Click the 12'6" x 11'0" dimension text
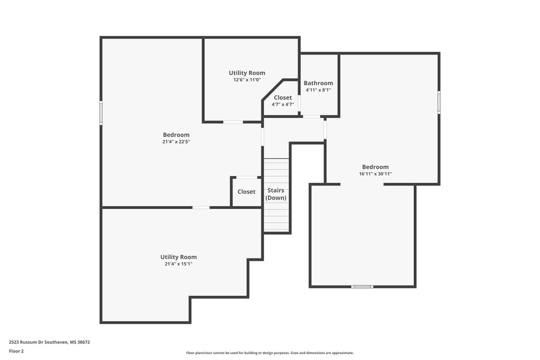[x=247, y=80]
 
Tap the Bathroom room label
[x=318, y=83]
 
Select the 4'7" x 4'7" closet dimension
[x=282, y=105]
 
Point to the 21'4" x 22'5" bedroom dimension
[x=176, y=142]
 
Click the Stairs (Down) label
[x=276, y=194]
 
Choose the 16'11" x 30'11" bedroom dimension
[x=375, y=174]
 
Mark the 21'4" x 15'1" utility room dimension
[x=178, y=264]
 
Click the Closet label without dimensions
[x=246, y=192]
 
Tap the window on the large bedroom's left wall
[x=101, y=114]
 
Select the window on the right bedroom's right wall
[x=439, y=102]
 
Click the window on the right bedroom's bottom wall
[x=362, y=287]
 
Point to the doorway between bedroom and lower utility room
[x=201, y=207]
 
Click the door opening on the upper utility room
[x=233, y=122]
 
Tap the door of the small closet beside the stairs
[x=246, y=177]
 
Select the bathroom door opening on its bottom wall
[x=311, y=117]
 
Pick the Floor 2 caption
[x=16, y=351]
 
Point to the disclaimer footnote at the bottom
[x=270, y=352]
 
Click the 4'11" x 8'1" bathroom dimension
[x=318, y=90]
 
